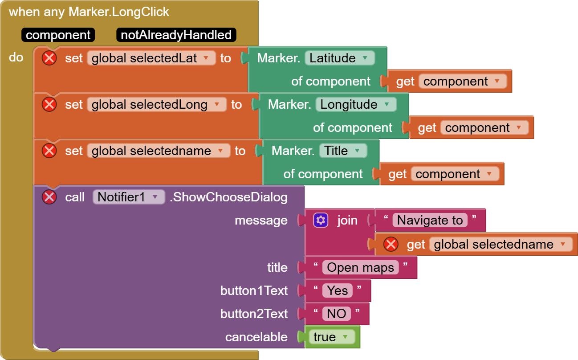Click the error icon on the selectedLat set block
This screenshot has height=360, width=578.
49,58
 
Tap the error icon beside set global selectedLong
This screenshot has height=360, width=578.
49,104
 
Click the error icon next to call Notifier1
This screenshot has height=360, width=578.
49,197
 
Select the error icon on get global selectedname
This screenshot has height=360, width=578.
391,244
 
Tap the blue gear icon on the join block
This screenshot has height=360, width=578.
321,220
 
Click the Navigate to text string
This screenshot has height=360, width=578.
430,220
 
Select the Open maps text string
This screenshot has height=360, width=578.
360,267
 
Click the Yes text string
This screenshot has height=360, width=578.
337,290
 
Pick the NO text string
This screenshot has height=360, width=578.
336,314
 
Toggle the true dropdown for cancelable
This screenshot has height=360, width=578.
332,337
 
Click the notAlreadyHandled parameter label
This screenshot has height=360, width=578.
176,35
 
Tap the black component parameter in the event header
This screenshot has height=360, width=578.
58,35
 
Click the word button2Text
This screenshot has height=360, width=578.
254,314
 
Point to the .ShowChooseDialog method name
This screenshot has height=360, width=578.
228,197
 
